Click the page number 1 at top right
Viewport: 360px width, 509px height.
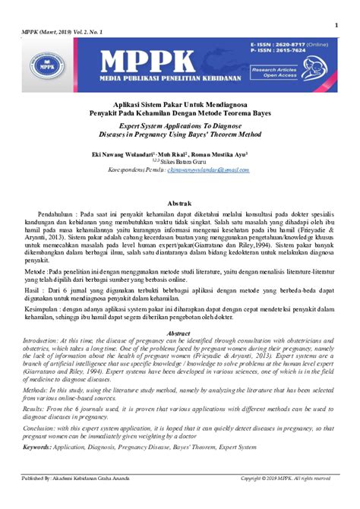335,25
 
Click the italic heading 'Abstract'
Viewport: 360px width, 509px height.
178,312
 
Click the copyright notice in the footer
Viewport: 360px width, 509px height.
286,478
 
